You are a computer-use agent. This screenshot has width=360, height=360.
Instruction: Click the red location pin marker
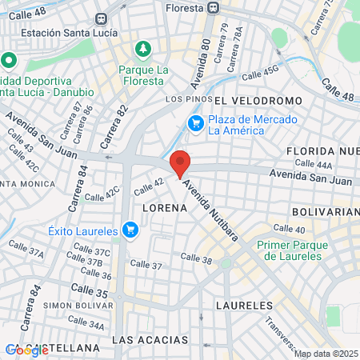click(181, 162)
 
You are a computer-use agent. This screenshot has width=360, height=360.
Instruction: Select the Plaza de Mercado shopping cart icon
click(195, 123)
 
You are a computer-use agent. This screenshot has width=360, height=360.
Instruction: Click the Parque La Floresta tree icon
click(143, 50)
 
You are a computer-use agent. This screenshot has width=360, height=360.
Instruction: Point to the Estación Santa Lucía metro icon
click(100, 18)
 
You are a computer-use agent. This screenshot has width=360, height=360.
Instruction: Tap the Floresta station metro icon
click(212, 7)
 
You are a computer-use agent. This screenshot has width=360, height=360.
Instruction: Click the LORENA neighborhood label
click(164, 207)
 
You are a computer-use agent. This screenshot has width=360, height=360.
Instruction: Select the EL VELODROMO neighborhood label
click(258, 100)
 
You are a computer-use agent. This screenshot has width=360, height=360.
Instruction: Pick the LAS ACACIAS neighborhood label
click(150, 340)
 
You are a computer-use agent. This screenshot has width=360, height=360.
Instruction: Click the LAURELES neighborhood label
click(245, 306)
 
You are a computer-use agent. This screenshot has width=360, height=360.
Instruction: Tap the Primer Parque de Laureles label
click(289, 251)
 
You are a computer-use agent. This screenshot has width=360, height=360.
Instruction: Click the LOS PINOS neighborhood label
click(183, 98)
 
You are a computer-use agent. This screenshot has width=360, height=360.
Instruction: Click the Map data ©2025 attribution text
click(325, 354)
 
